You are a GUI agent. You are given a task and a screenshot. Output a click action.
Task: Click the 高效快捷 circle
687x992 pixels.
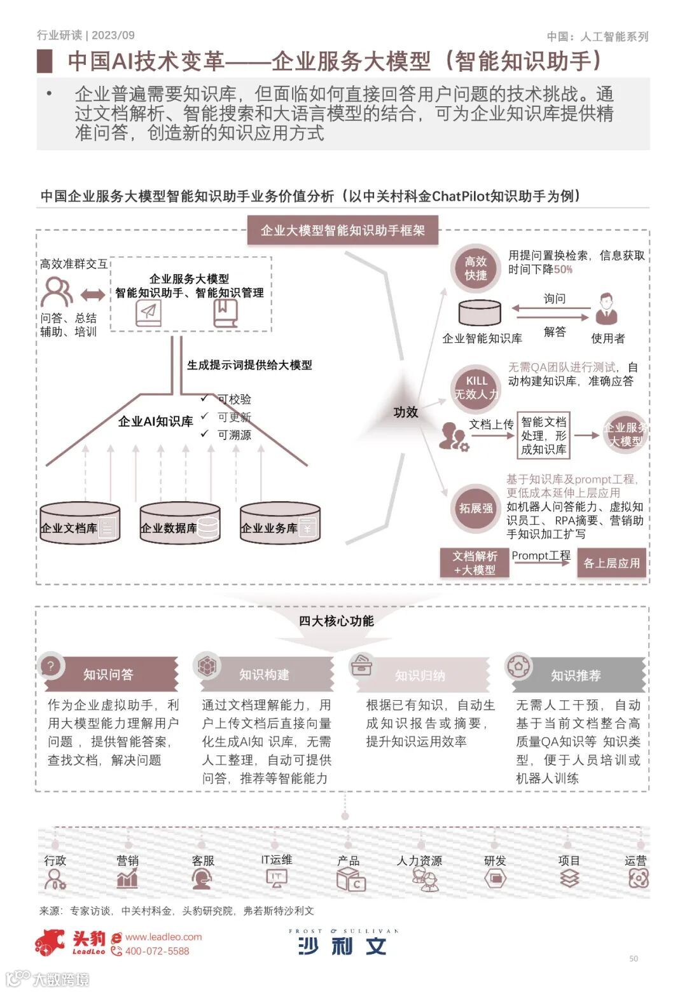475,268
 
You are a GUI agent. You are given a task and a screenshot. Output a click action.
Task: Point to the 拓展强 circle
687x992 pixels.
476,508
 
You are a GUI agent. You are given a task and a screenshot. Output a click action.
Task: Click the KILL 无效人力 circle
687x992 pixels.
476,388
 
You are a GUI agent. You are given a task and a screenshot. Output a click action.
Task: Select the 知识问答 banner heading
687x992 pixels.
108,675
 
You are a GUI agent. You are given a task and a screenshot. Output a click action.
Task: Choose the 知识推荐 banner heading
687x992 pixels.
576,675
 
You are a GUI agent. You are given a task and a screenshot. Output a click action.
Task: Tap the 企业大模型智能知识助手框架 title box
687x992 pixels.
342,230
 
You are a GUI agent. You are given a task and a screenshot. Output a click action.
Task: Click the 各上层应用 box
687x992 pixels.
611,563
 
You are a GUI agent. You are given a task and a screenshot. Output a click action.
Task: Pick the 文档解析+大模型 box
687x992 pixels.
475,563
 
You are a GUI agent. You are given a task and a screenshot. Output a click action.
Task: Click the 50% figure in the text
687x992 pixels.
563,270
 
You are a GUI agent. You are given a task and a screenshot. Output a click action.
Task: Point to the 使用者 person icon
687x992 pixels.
607,309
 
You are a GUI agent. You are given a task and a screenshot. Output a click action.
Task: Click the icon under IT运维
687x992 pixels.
276,879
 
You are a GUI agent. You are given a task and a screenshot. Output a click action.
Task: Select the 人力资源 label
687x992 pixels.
419,860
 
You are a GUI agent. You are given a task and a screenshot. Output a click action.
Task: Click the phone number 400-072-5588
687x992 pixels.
157,951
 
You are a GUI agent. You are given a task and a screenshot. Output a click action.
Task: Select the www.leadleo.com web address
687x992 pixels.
163,937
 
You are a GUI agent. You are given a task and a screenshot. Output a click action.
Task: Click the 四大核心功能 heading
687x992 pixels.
337,621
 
